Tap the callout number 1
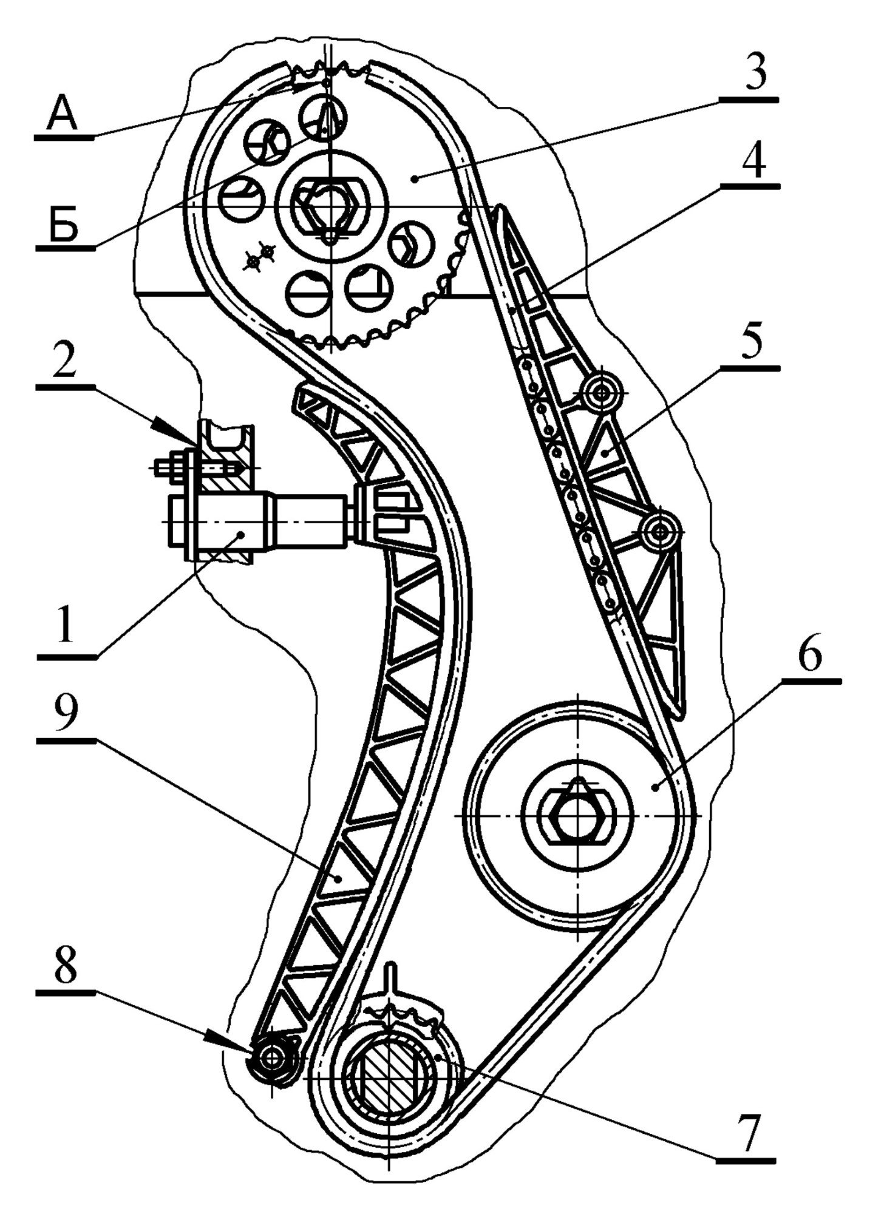pyautogui.click(x=66, y=625)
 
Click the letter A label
pyautogui.click(x=63, y=115)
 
